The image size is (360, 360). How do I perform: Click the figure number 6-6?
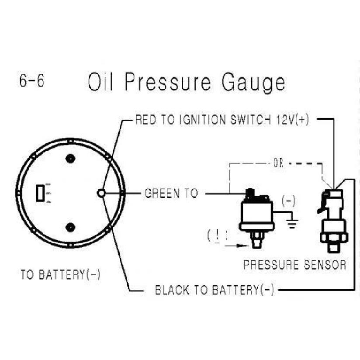(32, 81)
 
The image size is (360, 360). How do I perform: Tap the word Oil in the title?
(100, 82)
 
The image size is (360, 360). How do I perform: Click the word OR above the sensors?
(278, 163)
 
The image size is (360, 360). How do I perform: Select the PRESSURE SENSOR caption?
(295, 265)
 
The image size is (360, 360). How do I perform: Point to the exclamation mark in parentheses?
(218, 235)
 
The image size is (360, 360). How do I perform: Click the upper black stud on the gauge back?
(70, 159)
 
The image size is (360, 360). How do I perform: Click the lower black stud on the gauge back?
(70, 227)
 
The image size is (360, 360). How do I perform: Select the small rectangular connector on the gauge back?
(40, 194)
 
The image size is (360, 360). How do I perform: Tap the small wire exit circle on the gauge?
(101, 193)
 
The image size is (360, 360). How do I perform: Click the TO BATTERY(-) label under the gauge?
(60, 274)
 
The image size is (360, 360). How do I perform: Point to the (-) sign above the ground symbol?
(289, 201)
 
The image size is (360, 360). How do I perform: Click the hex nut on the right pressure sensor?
(334, 237)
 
